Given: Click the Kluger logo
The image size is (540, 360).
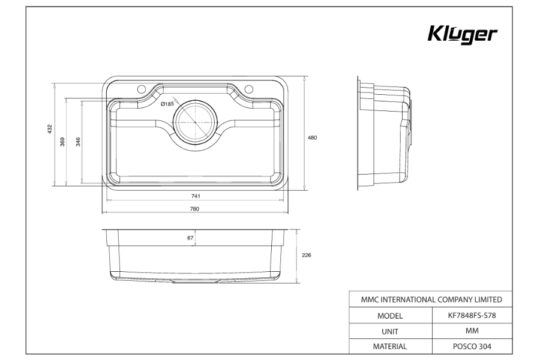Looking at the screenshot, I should click(x=462, y=35).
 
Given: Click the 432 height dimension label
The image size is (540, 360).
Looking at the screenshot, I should click(x=50, y=129).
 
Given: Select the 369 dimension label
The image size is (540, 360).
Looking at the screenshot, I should click(x=63, y=142).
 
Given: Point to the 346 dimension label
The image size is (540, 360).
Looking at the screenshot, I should click(x=79, y=142).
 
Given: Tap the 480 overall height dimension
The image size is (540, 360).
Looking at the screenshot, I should click(x=312, y=137).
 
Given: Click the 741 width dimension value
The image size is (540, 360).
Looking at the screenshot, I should click(x=196, y=196).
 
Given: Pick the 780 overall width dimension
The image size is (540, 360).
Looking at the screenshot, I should click(x=194, y=209).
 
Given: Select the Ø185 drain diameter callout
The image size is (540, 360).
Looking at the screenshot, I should click(x=167, y=104).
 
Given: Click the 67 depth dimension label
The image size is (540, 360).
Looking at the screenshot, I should click(x=190, y=238).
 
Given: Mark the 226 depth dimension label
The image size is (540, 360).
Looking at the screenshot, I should click(x=306, y=255).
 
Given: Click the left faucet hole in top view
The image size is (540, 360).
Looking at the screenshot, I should click(x=142, y=90).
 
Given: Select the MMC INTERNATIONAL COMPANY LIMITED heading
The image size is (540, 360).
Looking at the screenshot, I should click(x=431, y=299).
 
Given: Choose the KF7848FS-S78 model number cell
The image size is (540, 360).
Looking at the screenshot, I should click(x=472, y=315).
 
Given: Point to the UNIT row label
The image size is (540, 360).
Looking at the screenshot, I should click(x=390, y=331).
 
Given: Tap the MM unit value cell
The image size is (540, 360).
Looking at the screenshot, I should click(x=472, y=331).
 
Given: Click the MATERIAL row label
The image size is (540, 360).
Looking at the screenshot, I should click(x=390, y=346).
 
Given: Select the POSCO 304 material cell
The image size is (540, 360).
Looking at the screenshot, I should click(x=472, y=346).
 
